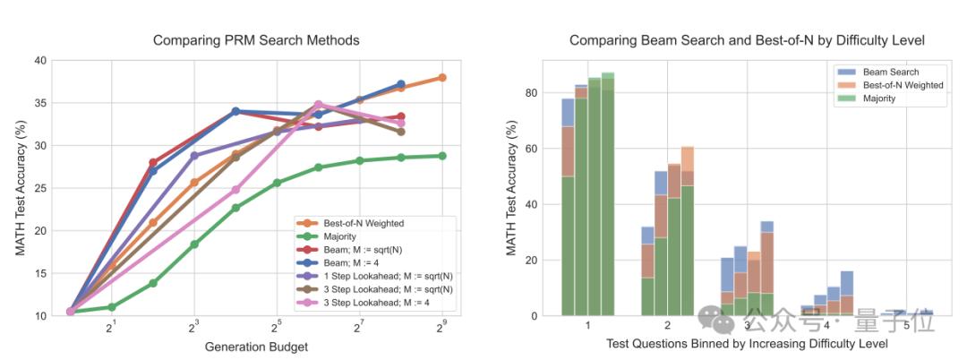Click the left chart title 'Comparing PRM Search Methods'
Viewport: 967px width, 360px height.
click(256, 40)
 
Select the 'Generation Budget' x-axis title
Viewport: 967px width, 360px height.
click(256, 347)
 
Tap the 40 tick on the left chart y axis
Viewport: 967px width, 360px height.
click(40, 61)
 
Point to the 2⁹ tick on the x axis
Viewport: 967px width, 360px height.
click(441, 329)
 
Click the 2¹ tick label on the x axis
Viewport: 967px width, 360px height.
click(111, 329)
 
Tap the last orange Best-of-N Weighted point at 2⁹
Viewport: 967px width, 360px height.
click(442, 78)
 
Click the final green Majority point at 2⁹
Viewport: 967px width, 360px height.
click(442, 156)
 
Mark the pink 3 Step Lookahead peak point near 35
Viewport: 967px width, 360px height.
click(318, 105)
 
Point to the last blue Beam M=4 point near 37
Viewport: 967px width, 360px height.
click(401, 84)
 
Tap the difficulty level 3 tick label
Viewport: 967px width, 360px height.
click(747, 326)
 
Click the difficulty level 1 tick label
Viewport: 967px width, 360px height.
click(587, 326)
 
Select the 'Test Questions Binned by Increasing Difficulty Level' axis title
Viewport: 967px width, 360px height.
click(747, 344)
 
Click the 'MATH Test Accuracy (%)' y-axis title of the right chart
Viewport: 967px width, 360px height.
click(512, 190)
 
